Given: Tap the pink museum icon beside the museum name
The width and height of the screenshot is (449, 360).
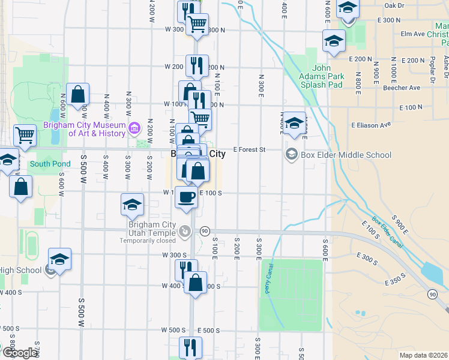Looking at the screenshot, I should pyautogui.click(x=134, y=128).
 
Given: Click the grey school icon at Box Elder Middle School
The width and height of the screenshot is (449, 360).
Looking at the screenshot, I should pyautogui.click(x=292, y=154).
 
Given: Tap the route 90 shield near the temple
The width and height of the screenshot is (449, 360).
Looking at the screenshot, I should pyautogui.click(x=205, y=231).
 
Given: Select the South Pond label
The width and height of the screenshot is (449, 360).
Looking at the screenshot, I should pyautogui.click(x=47, y=163).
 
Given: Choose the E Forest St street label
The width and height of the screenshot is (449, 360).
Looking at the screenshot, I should pyautogui.click(x=249, y=149).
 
